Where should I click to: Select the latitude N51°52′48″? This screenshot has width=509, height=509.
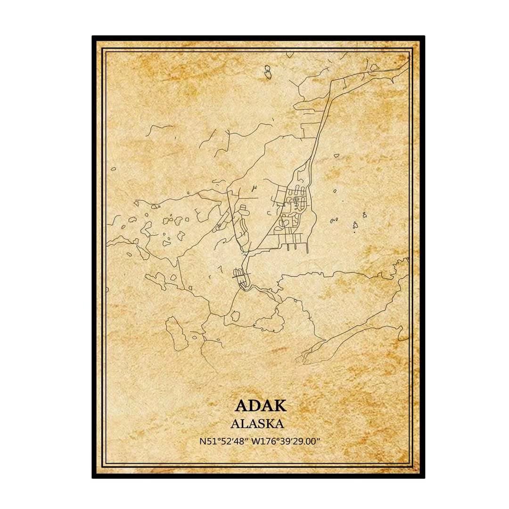tap(224, 442)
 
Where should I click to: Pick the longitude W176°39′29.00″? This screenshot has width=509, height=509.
tap(286, 442)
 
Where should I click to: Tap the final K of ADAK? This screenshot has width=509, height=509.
tap(282, 406)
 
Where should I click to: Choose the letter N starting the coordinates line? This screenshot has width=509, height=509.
tap(202, 442)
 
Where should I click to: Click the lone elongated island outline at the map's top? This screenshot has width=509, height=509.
tap(267, 72)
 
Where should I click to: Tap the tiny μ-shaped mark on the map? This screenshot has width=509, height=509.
tap(254, 189)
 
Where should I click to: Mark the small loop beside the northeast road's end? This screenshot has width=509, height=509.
tap(374, 67)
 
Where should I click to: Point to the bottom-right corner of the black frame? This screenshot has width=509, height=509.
tap(424, 477)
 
